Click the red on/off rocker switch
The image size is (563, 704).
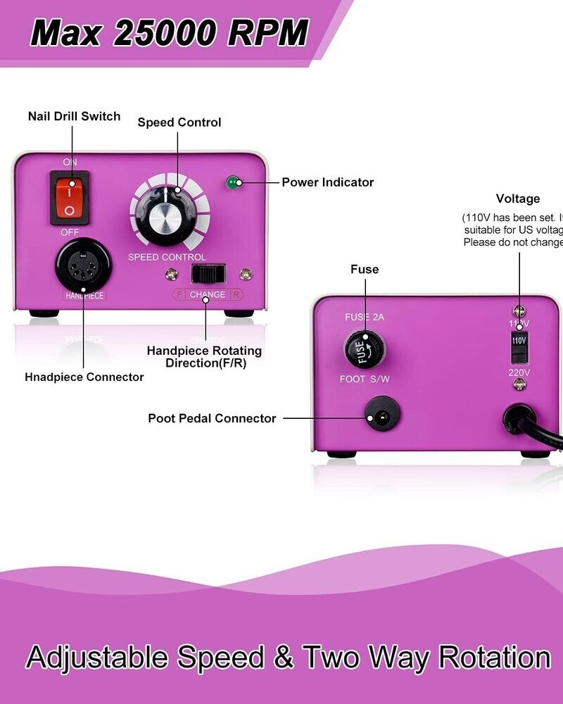[70, 197]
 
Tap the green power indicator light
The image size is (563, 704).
[231, 183]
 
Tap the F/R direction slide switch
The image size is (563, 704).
[208, 273]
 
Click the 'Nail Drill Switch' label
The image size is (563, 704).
[74, 116]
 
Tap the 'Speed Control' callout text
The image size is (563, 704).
[179, 122]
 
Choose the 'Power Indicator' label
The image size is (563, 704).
[327, 182]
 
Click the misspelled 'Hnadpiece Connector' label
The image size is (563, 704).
[84, 377]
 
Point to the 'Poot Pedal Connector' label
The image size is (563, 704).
[212, 418]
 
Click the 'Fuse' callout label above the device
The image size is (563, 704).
[365, 270]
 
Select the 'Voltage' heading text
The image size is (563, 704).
[517, 199]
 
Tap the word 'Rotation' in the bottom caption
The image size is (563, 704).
[494, 658]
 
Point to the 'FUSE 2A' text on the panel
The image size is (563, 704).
[365, 318]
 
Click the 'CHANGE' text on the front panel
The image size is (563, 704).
[208, 294]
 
